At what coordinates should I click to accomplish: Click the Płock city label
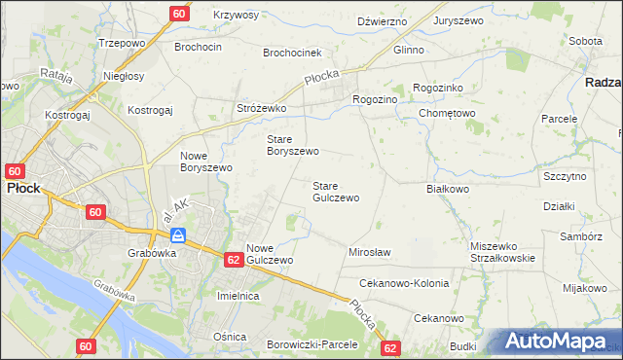[22, 188]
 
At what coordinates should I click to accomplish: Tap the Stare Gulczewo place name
[336, 192]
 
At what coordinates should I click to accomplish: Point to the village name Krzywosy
[236, 16]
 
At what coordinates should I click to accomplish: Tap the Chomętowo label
[447, 113]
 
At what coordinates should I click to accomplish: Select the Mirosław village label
[369, 252]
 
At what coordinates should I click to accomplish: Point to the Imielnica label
[242, 295]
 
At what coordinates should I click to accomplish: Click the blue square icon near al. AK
[178, 235]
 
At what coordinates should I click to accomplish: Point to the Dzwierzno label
[381, 19]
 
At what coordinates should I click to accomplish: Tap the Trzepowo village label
[122, 44]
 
